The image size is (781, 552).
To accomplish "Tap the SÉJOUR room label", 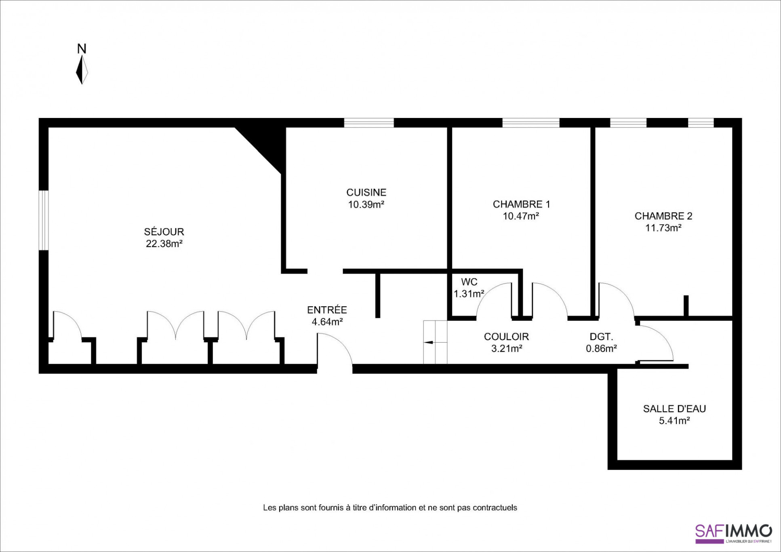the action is [164, 232].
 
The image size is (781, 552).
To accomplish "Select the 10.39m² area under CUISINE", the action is [366, 204].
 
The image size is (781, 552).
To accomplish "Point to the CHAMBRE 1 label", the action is [521, 204].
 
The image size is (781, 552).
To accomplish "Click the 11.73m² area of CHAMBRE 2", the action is [663, 228].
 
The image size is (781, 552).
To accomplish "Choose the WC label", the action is [469, 282].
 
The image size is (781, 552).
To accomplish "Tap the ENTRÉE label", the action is [327, 310].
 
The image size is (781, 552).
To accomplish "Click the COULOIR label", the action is [506, 336].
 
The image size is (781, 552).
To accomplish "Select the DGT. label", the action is [601, 336].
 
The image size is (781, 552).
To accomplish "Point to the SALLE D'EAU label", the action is [674, 409].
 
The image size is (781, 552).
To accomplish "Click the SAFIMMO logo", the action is [733, 533].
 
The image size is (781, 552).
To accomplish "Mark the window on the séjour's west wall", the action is [44, 220].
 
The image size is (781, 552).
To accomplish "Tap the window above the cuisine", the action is [368, 122].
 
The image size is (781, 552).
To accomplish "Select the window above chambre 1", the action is [531, 122].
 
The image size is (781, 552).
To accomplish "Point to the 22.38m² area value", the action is [164, 244].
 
